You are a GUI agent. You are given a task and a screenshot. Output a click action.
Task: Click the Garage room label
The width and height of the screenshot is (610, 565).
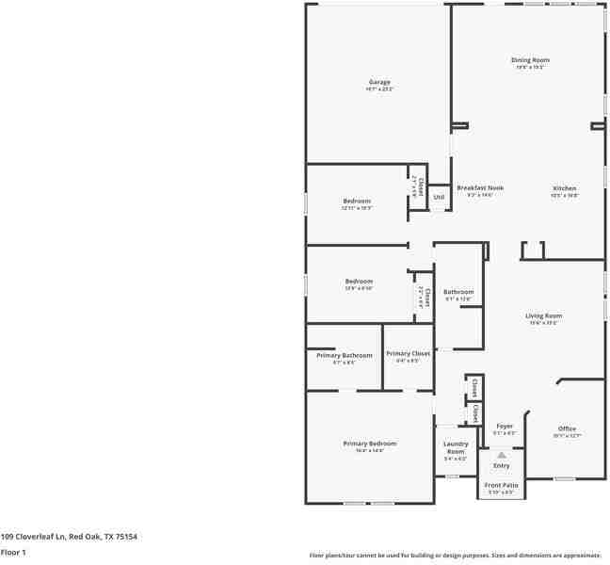pyautogui.click(x=378, y=83)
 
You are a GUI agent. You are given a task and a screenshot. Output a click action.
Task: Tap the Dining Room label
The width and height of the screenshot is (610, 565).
pyautogui.click(x=531, y=61)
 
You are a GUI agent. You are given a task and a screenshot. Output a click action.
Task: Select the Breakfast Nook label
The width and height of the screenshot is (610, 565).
pyautogui.click(x=474, y=188)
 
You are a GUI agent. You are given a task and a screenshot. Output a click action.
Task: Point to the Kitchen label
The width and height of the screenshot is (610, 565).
pyautogui.click(x=564, y=188)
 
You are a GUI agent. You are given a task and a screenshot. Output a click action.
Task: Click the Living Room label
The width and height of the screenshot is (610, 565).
pyautogui.click(x=543, y=316)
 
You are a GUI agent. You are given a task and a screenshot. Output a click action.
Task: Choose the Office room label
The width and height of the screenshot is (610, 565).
pyautogui.click(x=567, y=429)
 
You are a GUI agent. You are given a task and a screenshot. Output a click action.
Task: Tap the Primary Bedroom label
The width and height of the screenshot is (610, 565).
pyautogui.click(x=369, y=444)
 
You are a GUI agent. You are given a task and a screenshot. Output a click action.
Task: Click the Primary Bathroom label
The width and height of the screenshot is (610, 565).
pyautogui.click(x=344, y=356)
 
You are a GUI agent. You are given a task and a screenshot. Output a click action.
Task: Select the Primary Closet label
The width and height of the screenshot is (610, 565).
pyautogui.click(x=408, y=354)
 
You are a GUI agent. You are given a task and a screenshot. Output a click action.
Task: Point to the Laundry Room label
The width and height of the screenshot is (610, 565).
pyautogui.click(x=456, y=447)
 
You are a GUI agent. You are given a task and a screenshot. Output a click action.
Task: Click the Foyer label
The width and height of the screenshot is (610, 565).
pyautogui.click(x=505, y=427)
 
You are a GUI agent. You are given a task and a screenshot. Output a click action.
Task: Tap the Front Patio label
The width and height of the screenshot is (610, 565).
pyautogui.click(x=500, y=486)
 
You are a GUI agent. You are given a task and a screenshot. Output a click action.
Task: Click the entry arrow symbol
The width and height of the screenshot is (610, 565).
pyautogui.click(x=502, y=454)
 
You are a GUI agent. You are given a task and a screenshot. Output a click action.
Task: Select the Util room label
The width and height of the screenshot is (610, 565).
pyautogui.click(x=439, y=197)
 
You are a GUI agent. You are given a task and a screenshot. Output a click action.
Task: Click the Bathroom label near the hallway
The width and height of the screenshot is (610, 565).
pyautogui.click(x=458, y=292)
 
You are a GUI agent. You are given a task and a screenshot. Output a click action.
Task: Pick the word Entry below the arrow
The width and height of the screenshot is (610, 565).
pyautogui.click(x=502, y=465)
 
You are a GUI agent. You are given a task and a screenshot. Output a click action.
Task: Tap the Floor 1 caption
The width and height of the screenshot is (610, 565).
pyautogui.click(x=13, y=552)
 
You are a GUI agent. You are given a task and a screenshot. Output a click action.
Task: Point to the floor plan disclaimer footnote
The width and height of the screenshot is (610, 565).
pyautogui.click(x=455, y=556)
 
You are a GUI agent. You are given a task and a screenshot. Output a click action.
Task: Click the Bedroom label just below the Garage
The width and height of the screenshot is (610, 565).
pyautogui.click(x=357, y=202)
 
